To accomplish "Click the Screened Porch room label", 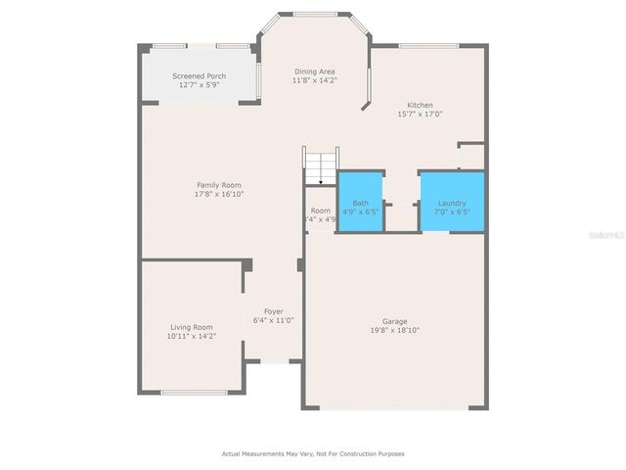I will pyautogui.click(x=199, y=76).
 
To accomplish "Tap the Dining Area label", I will pyautogui.click(x=315, y=71).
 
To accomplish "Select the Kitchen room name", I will pyautogui.click(x=421, y=105).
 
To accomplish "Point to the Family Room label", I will pyautogui.click(x=219, y=185).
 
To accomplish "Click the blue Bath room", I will pyautogui.click(x=360, y=202).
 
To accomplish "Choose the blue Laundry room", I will pyautogui.click(x=452, y=202).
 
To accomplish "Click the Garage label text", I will pyautogui.click(x=395, y=321).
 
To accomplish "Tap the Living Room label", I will pyautogui.click(x=190, y=327).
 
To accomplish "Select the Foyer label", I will pyautogui.click(x=273, y=311).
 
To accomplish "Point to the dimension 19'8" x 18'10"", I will pyautogui.click(x=395, y=330).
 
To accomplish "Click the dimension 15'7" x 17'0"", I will pyautogui.click(x=421, y=114).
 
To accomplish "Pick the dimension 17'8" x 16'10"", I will pyautogui.click(x=219, y=194).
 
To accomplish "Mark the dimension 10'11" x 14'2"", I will pyautogui.click(x=191, y=336).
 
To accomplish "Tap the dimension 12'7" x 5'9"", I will pyautogui.click(x=199, y=85).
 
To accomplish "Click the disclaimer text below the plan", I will pyautogui.click(x=313, y=453).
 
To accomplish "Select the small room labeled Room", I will pyautogui.click(x=321, y=211).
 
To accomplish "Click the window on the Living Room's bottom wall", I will pyautogui.click(x=194, y=393).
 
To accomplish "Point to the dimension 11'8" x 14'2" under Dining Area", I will pyautogui.click(x=315, y=80).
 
